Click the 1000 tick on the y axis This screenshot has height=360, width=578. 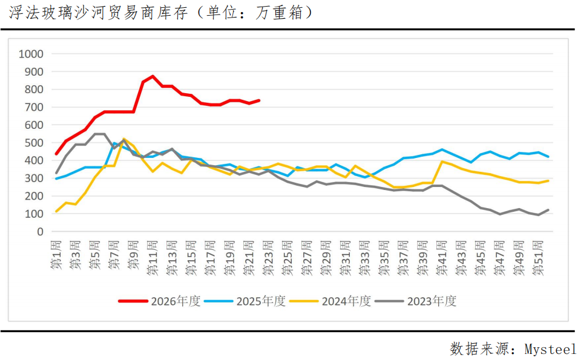click(x=31, y=54)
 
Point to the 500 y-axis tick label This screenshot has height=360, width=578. click(x=34, y=143)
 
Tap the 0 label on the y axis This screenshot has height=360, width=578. click(x=40, y=232)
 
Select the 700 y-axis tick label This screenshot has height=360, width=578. click(x=34, y=107)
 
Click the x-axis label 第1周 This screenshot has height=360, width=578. click(x=56, y=255)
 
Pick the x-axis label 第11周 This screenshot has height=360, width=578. click(x=153, y=258)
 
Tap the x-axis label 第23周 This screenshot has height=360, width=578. click(x=268, y=258)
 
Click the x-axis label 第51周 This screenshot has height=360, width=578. click(x=538, y=258)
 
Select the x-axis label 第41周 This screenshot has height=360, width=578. click(x=442, y=258)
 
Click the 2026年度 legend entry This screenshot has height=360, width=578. click(x=159, y=301)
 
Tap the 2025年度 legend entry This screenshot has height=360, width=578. click(x=245, y=301)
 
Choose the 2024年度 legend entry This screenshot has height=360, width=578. click(x=330, y=301)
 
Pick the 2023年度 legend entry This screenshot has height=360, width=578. click(x=416, y=301)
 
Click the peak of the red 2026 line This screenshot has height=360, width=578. click(x=153, y=76)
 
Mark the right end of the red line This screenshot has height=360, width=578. click(x=259, y=100)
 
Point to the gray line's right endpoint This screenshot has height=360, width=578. click(x=548, y=210)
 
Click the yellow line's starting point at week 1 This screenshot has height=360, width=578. click(x=56, y=212)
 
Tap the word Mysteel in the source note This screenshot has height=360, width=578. click(x=550, y=349)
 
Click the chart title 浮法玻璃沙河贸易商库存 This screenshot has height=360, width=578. click(x=98, y=13)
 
